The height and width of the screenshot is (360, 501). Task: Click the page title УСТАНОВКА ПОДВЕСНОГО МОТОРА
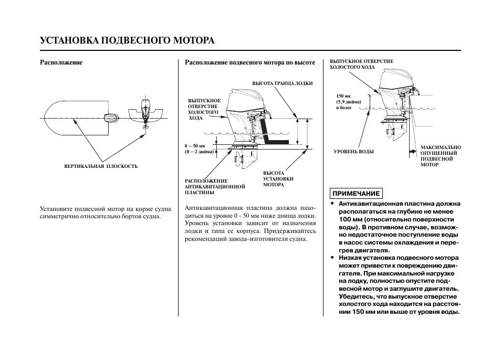pyautogui.click(x=127, y=40)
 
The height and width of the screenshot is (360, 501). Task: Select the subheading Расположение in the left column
pyautogui.click(x=61, y=62)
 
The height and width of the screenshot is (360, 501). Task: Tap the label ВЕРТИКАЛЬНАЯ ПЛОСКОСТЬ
pyautogui.click(x=101, y=166)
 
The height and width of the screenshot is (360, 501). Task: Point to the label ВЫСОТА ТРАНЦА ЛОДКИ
pyautogui.click(x=283, y=83)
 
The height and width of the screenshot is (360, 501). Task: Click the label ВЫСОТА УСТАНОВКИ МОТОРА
pyautogui.click(x=278, y=178)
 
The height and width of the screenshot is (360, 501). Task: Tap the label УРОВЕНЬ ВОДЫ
pyautogui.click(x=354, y=152)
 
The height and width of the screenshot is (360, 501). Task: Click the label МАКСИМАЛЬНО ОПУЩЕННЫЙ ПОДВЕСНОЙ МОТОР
pyautogui.click(x=440, y=156)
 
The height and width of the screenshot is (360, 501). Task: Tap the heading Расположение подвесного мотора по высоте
pyautogui.click(x=250, y=62)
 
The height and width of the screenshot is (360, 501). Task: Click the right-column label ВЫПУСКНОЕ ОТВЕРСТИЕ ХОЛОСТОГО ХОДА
pyautogui.click(x=361, y=65)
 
